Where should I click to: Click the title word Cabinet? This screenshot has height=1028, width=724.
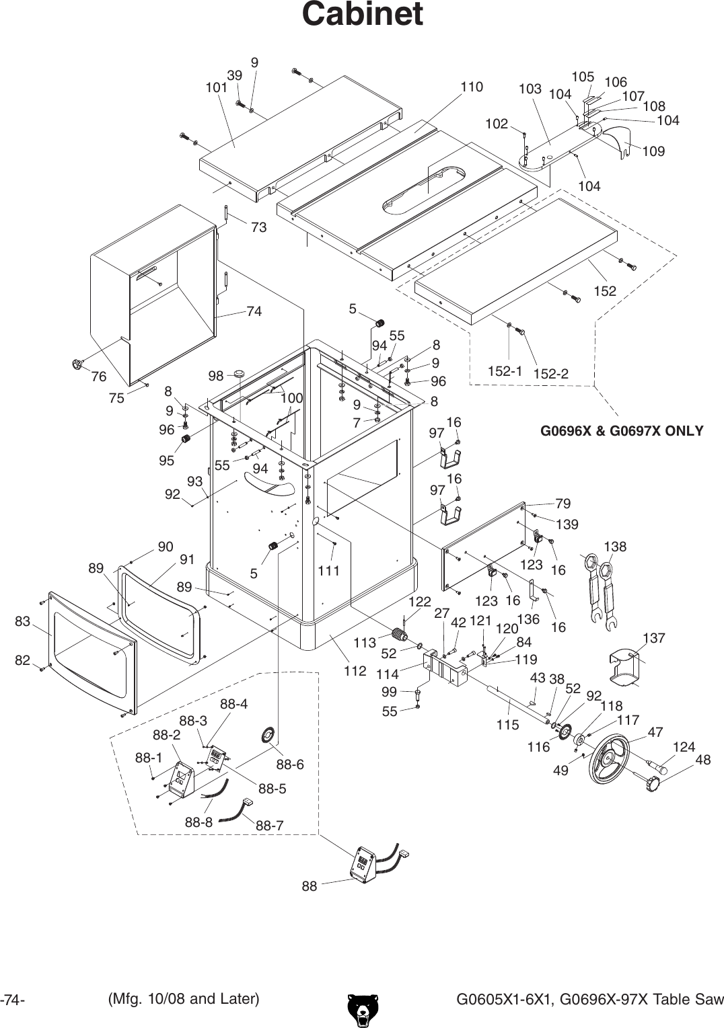tap(362, 14)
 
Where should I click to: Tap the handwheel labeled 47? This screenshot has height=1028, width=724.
tap(608, 759)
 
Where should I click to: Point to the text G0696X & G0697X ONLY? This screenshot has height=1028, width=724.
tap(622, 431)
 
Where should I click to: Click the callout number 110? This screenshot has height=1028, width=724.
tap(471, 87)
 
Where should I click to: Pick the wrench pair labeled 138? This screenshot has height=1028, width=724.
tap(601, 590)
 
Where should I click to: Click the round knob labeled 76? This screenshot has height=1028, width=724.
tap(77, 365)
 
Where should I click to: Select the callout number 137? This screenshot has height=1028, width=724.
tap(653, 637)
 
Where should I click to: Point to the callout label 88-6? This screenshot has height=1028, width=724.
tap(290, 764)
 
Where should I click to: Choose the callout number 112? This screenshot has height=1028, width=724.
tap(355, 670)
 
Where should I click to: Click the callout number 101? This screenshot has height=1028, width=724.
tap(216, 87)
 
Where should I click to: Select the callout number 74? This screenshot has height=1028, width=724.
tap(254, 311)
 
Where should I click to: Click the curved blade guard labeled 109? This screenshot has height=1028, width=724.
tap(618, 143)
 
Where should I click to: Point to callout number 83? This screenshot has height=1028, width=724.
tap(23, 621)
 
